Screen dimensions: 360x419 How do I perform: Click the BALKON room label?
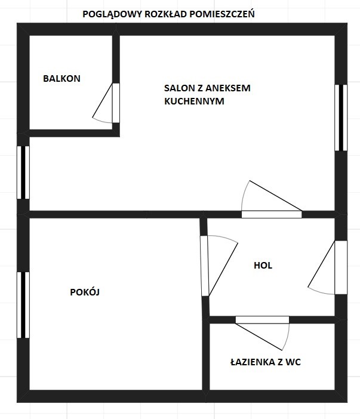tap(61, 79)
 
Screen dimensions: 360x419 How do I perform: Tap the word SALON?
tap(177, 88)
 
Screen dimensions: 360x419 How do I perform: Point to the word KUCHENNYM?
tap(194, 101)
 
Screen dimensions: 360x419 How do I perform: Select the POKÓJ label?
tap(85, 292)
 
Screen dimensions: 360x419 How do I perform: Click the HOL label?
tap(263, 266)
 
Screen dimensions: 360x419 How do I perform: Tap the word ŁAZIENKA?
tap(253, 362)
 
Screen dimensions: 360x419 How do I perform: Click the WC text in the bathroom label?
tap(293, 362)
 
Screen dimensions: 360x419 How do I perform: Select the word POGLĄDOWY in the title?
tap(112, 14)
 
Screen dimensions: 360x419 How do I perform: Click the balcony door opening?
tap(116, 103)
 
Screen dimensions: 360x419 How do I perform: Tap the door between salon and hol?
tap(272, 214)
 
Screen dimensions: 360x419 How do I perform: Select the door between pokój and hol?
tap(204, 266)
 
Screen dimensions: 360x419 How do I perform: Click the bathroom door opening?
tap(262, 320)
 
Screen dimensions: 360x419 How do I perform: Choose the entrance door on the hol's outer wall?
tap(341, 267)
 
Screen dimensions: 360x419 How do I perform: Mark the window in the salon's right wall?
tap(341, 118)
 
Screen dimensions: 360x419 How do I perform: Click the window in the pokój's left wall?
tap(23, 305)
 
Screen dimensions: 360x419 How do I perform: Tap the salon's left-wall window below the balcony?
tap(23, 172)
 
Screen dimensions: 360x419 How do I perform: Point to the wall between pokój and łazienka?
tap(206, 357)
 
